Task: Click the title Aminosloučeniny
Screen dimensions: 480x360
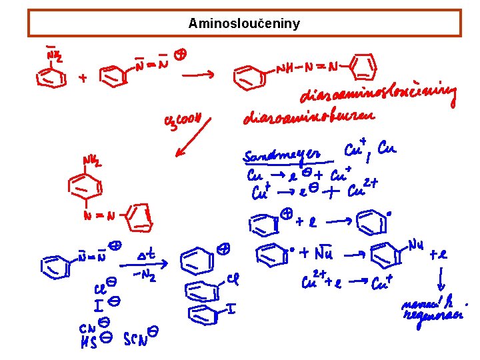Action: pos(244,24)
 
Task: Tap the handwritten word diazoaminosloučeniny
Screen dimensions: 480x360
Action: pos(379,99)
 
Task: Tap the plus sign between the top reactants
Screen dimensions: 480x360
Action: pos(83,79)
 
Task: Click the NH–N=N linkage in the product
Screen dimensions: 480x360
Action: pos(307,67)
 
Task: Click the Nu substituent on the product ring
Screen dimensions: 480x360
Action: pos(416,247)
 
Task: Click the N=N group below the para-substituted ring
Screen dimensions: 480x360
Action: pos(101,215)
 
